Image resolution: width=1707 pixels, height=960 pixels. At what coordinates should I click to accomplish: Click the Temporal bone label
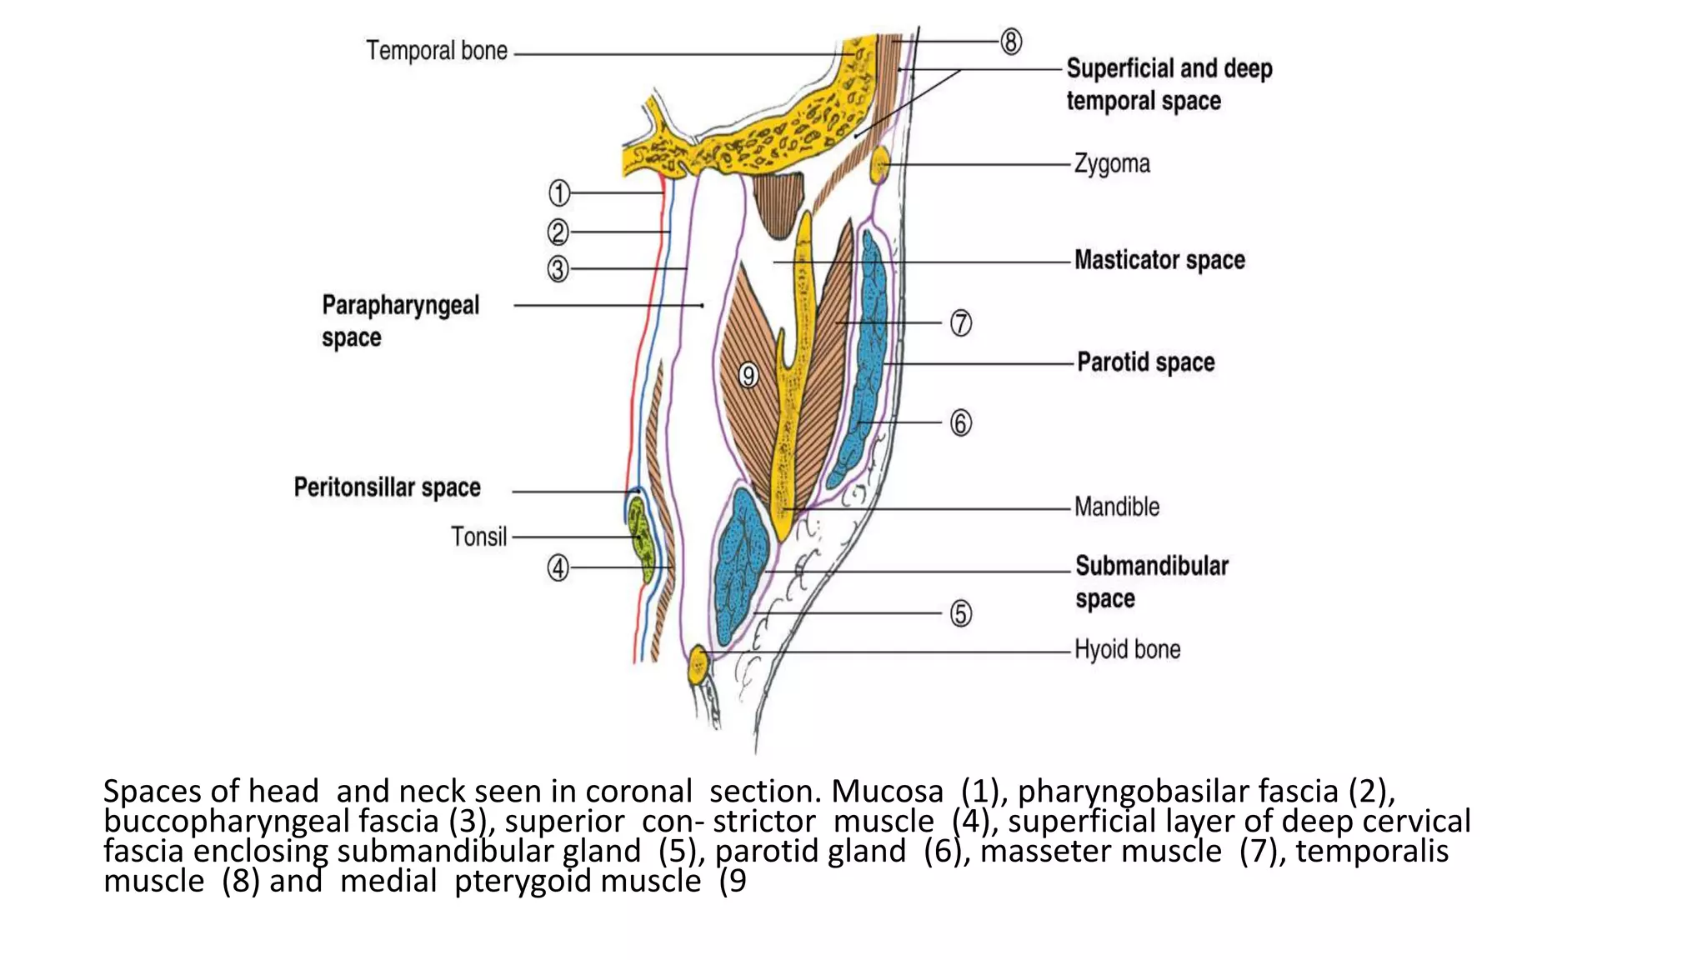pyautogui.click(x=437, y=51)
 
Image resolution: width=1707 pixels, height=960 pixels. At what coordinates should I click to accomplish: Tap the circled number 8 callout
pyautogui.click(x=1010, y=42)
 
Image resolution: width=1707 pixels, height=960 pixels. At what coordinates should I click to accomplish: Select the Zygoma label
pyautogui.click(x=1112, y=163)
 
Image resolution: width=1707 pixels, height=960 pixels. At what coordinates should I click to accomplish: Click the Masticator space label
pyautogui.click(x=1159, y=260)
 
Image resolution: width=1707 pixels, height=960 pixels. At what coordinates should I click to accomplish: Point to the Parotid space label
pyautogui.click(x=1145, y=362)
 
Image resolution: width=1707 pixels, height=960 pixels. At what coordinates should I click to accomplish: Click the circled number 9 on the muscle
pyautogui.click(x=748, y=376)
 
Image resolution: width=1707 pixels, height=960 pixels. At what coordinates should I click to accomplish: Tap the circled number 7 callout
pyautogui.click(x=960, y=323)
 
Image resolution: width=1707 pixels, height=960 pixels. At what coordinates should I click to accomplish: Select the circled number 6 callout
pyautogui.click(x=960, y=423)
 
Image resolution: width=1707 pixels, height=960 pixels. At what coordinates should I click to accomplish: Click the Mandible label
pyautogui.click(x=1116, y=507)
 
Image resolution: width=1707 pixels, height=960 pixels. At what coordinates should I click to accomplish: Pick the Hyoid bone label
pyautogui.click(x=1127, y=649)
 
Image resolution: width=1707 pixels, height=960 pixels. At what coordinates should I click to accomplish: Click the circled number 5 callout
pyautogui.click(x=960, y=614)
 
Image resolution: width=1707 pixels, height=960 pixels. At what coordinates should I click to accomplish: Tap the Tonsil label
pyautogui.click(x=478, y=537)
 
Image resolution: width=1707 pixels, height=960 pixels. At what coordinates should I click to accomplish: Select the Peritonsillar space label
pyautogui.click(x=387, y=487)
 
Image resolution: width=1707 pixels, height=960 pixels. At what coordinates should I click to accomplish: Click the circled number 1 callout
pyautogui.click(x=558, y=193)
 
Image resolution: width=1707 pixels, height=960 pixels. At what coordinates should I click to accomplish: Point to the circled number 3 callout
pyautogui.click(x=558, y=269)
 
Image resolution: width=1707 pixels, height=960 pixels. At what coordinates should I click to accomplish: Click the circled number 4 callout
pyautogui.click(x=558, y=568)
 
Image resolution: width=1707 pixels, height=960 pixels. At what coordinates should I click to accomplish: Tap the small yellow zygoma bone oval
pyautogui.click(x=879, y=165)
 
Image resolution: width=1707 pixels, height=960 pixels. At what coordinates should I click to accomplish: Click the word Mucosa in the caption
pyautogui.click(x=887, y=792)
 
